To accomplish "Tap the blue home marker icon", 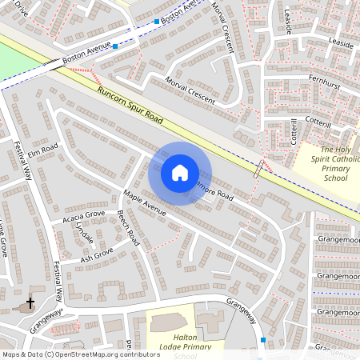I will point(180,172).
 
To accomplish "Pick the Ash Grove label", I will point(96,256).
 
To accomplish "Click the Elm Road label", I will point(43,150).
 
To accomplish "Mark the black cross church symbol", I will point(30,303).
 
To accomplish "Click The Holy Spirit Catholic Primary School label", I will point(339,163).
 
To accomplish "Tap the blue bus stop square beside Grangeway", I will point(263,340).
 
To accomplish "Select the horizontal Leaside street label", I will point(339,46).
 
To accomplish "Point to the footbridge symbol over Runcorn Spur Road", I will point(258,168).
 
